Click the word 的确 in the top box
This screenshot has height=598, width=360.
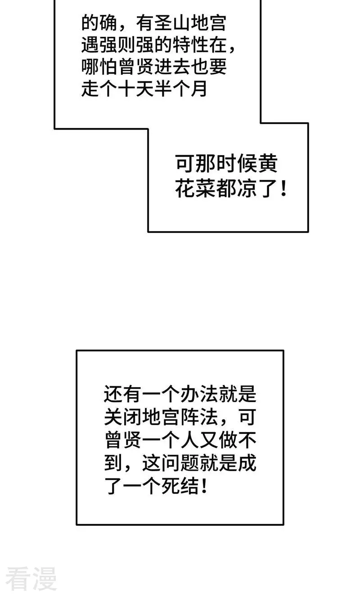click(99, 23)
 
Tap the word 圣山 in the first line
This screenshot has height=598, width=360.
click(172, 23)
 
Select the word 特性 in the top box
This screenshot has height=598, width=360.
click(190, 45)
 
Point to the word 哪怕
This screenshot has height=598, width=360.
click(99, 67)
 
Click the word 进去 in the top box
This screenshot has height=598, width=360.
click(172, 67)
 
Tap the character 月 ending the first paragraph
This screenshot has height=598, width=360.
click(199, 89)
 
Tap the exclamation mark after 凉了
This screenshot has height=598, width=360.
click(283, 189)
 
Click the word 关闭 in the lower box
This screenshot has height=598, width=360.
click(123, 417)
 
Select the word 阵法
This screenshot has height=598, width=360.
click(199, 417)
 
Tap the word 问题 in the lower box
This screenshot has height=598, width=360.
click(180, 463)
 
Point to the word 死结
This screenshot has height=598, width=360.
click(180, 486)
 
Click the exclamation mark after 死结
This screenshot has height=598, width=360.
click(204, 486)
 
